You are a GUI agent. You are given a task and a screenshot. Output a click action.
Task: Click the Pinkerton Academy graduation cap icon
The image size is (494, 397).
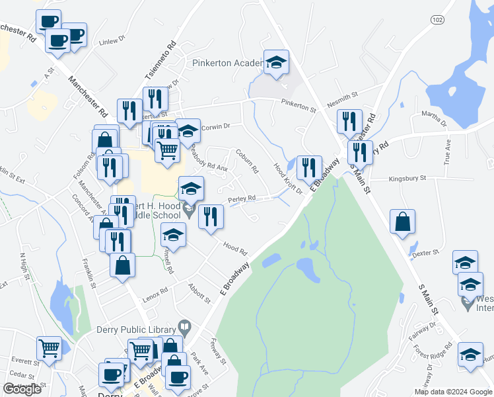point(277,63)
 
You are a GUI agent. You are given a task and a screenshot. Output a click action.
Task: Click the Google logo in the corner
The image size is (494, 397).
point(22,389)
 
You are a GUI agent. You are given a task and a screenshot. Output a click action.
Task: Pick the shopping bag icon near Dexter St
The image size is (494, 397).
point(402,223)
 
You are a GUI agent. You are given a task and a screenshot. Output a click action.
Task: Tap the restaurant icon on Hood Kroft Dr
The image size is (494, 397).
point(308,168)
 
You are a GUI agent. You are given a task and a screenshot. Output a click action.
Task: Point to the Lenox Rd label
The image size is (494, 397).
point(157,290)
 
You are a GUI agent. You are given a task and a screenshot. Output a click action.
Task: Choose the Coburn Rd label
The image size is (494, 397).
point(247,160)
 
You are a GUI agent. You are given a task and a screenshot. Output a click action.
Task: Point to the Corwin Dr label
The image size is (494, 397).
point(215,126)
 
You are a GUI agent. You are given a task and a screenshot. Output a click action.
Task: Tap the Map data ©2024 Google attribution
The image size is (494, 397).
point(453,392)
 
